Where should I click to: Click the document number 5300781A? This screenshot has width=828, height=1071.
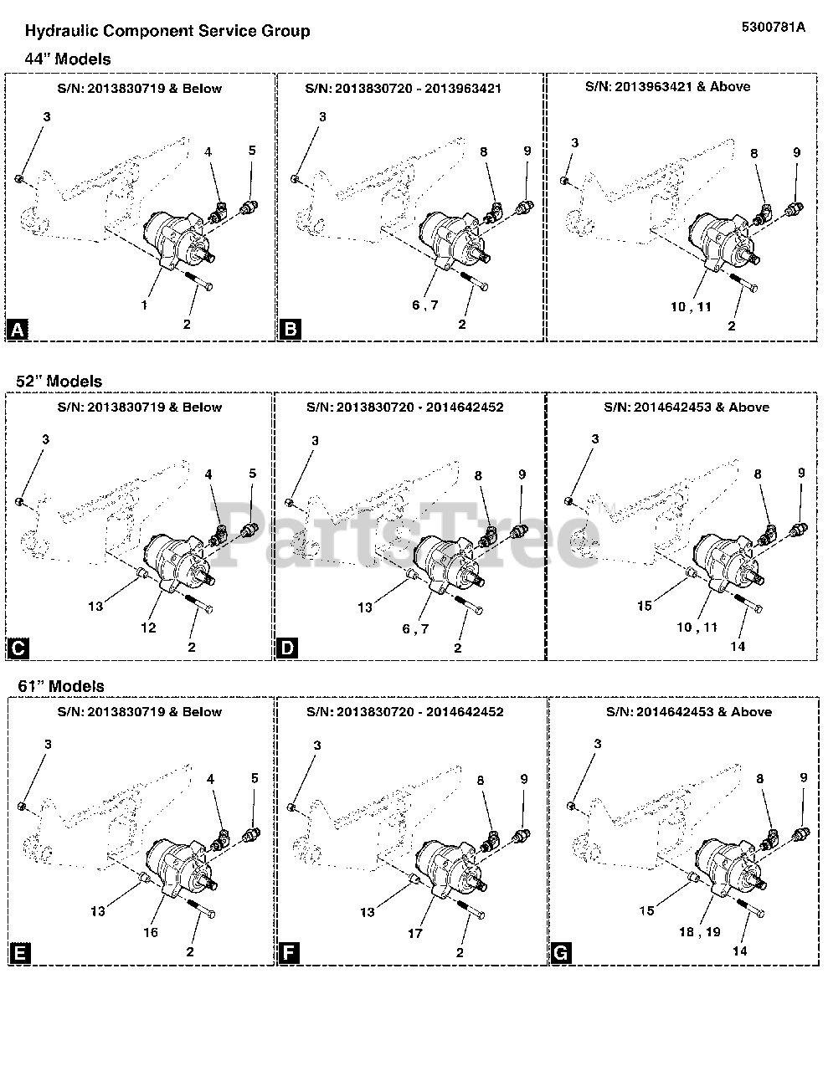click(x=773, y=27)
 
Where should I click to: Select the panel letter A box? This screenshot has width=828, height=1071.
click(x=18, y=329)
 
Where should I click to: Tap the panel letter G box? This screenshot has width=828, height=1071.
click(x=561, y=953)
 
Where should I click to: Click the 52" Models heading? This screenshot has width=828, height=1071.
click(x=59, y=381)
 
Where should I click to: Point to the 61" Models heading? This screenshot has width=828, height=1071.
click(x=61, y=686)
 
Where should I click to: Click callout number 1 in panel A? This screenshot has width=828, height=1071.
click(x=145, y=305)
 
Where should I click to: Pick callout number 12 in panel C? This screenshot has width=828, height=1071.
click(x=148, y=628)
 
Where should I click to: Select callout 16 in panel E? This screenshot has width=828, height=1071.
click(x=151, y=932)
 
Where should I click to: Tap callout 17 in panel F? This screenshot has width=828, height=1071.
click(x=415, y=933)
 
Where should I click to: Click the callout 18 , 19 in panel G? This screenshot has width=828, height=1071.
click(x=700, y=932)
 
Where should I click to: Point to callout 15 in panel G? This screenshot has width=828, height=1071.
click(x=646, y=910)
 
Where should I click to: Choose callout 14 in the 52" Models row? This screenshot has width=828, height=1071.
click(x=738, y=646)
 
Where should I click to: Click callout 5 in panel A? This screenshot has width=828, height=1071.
click(x=252, y=150)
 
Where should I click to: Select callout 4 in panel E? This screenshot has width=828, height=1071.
click(x=211, y=779)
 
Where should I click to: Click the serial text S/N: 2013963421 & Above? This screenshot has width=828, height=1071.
click(x=668, y=87)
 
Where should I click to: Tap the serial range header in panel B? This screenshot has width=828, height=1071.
click(x=404, y=89)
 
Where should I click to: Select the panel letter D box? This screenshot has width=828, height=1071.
click(x=287, y=648)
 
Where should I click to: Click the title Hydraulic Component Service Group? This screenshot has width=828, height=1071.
click(x=167, y=31)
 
